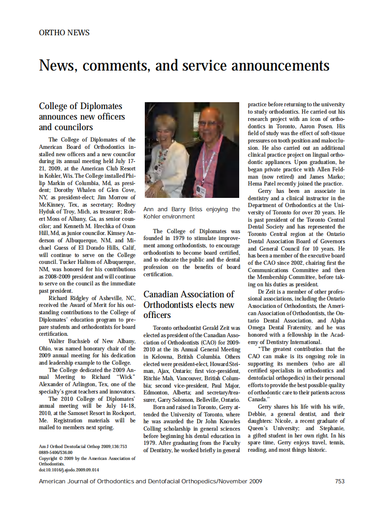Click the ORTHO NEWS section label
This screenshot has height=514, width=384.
pos(64,33)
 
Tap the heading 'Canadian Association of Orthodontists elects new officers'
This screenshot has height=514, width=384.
pos(189,305)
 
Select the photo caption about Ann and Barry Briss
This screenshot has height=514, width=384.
pos(192,213)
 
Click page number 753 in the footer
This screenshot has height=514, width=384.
pos(340,481)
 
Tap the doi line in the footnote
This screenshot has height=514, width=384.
pos(69,470)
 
